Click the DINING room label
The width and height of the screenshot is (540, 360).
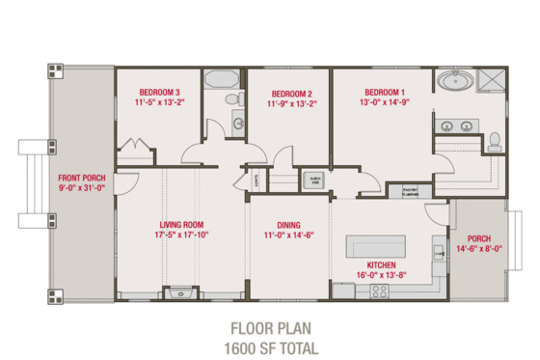point(288,225)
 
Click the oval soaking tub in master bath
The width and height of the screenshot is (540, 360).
point(451,81)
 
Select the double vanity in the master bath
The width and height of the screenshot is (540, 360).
point(456,125)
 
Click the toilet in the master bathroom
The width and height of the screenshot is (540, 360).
point(495,143)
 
